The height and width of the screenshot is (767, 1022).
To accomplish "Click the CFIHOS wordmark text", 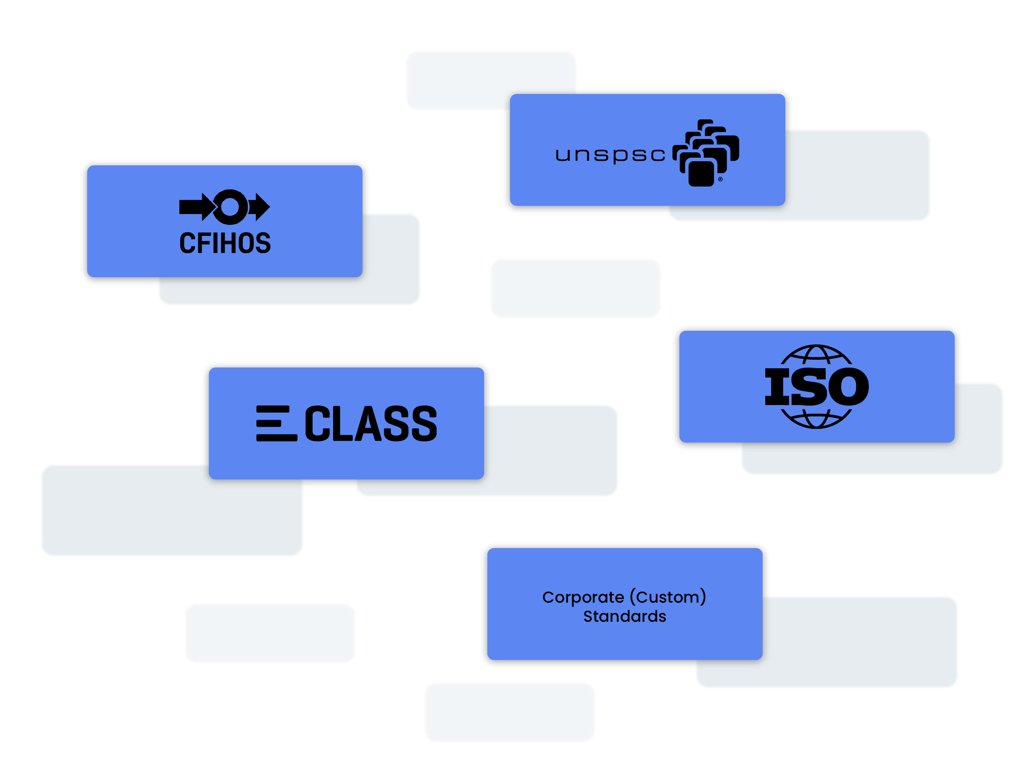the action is [x=225, y=243].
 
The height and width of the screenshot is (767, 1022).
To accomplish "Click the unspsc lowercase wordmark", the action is [x=610, y=155].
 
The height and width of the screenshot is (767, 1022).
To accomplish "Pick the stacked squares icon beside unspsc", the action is [x=705, y=152].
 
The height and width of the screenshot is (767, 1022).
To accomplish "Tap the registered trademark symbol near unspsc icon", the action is [x=720, y=179].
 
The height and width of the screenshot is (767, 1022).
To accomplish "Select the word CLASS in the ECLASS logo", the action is [x=370, y=423].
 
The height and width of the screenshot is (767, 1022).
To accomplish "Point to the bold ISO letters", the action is [x=816, y=387].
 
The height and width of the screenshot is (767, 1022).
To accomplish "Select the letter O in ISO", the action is [x=849, y=387].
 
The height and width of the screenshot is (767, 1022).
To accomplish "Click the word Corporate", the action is [x=583, y=597].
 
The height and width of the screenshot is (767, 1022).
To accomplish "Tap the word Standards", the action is [x=624, y=616].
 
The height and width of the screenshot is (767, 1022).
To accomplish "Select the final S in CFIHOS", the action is [x=262, y=243].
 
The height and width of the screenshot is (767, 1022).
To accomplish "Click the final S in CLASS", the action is [x=424, y=423].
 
